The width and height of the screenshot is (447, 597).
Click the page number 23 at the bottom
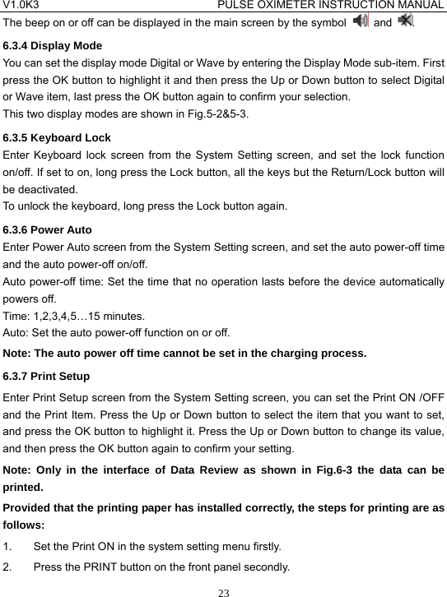[223, 590]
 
